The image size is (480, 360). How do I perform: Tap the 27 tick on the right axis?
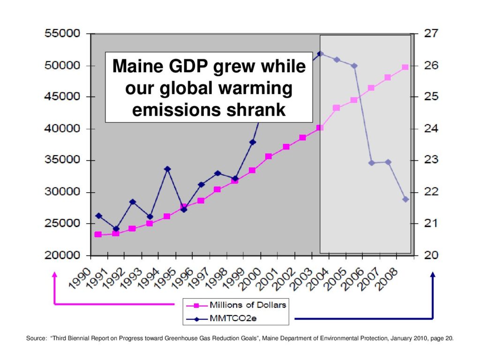431,34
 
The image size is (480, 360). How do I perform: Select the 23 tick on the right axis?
431,160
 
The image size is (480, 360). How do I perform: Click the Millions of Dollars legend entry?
247,305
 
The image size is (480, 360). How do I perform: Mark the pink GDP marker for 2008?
405,67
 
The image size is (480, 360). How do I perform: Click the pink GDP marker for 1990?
98,234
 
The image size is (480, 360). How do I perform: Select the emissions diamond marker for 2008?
405,199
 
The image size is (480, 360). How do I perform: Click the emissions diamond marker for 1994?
167,169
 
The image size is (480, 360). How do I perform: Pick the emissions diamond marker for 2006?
372,163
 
